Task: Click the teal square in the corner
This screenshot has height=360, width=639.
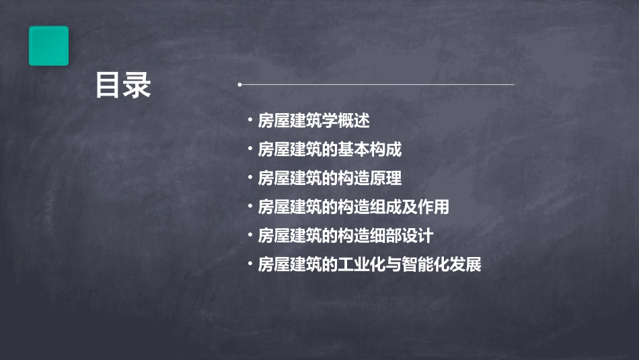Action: point(48,46)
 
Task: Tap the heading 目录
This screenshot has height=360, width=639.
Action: point(123,86)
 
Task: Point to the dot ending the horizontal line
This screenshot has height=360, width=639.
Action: point(239,85)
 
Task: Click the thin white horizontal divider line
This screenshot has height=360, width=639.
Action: point(377,85)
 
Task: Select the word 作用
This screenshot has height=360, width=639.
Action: point(433,207)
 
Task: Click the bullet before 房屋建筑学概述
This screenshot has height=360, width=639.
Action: point(250,121)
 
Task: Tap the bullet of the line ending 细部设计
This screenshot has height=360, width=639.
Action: point(250,236)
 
